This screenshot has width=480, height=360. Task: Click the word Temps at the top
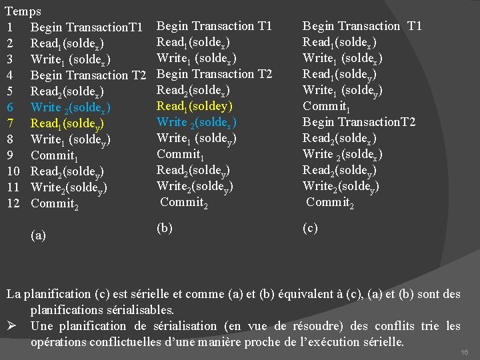click(x=23, y=11)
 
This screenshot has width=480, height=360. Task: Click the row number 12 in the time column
click(x=13, y=203)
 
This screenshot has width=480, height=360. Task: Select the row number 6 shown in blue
click(x=9, y=107)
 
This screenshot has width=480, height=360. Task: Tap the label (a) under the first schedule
click(x=39, y=235)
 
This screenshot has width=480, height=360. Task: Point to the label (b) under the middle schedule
click(x=165, y=228)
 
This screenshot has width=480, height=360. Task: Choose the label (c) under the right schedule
click(x=310, y=228)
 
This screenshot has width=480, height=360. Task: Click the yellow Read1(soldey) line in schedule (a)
click(x=67, y=123)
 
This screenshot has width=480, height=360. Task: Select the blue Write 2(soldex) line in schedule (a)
click(x=71, y=107)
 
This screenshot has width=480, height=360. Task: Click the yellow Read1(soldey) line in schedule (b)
click(x=194, y=106)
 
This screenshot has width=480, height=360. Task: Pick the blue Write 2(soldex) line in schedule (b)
click(x=197, y=122)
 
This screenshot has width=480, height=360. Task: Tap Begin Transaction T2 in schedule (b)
click(x=214, y=74)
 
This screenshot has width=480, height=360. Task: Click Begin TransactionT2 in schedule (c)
click(x=359, y=122)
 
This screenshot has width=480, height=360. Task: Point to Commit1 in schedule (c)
click(x=325, y=106)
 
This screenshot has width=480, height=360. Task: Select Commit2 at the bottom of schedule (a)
click(x=55, y=204)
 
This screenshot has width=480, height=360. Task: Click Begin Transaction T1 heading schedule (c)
click(x=362, y=26)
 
